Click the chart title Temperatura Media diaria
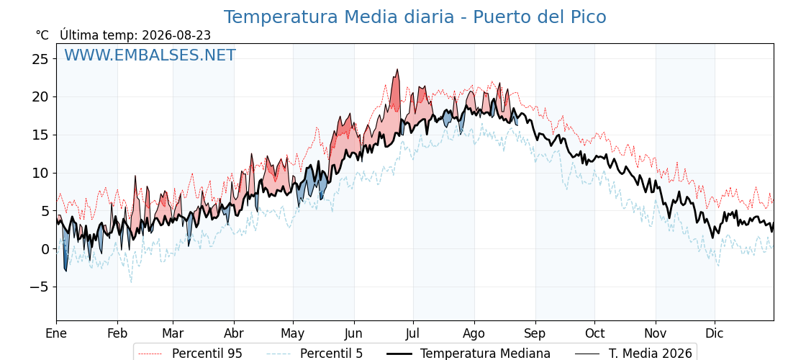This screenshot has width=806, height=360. coord(339,17)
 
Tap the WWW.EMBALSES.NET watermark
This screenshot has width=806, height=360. coord(150,55)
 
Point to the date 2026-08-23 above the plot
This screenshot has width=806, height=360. coord(176,35)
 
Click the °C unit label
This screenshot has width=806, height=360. coord(42,35)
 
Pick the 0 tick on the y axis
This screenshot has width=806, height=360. coord(45,249)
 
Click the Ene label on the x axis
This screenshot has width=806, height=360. coord(56,333)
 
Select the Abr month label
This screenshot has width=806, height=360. coord(234,333)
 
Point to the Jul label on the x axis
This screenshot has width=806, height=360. coord(413,333)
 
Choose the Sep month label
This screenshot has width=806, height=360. coord(535,333)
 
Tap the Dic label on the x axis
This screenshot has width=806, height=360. coord(715,333)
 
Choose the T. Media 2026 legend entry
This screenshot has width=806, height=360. coord(633,354)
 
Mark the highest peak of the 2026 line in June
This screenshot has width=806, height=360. coord(397,69)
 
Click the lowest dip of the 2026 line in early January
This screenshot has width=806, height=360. coord(65,271)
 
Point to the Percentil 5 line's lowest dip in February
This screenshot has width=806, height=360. coord(131,282)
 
